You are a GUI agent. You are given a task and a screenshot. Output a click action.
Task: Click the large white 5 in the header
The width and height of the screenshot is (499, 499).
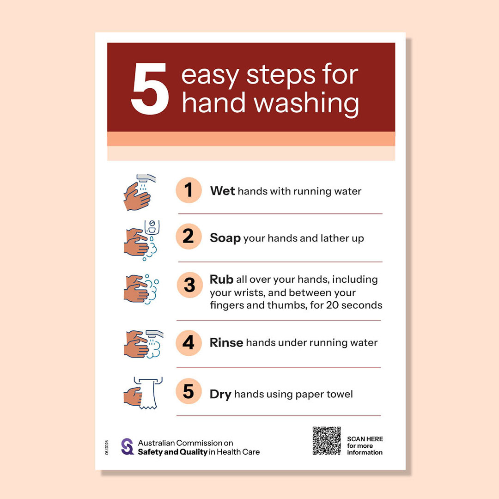coord(150,88)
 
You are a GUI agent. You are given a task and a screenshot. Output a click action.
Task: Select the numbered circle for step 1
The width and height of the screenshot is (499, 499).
coord(189,190)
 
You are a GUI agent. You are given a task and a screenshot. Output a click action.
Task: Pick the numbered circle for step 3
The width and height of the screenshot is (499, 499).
coord(190,285)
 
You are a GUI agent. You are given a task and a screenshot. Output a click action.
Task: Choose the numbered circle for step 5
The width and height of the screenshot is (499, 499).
coord(189,391)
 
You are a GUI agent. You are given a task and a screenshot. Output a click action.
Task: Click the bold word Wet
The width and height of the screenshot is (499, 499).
coord(222,191)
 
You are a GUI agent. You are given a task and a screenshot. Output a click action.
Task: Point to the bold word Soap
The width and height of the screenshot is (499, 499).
coord(225,238)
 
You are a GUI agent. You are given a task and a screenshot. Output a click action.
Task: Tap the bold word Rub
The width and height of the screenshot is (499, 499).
coord(221,280)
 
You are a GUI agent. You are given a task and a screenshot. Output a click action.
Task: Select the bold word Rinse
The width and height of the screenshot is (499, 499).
coord(226,342)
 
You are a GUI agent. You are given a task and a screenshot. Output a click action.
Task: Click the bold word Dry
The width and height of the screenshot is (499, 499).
coord(220,395)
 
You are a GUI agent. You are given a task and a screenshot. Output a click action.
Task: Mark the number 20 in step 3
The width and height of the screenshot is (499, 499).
coord(332,305)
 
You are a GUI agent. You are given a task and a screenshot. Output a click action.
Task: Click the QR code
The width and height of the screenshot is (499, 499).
coord(327,441)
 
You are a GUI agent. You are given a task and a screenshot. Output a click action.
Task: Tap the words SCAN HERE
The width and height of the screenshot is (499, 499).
coord(365,439)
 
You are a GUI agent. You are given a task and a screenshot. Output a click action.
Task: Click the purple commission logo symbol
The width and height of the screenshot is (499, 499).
coord(128,446)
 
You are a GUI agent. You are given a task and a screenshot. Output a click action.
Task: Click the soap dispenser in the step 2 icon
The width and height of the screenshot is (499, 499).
coord(152,227)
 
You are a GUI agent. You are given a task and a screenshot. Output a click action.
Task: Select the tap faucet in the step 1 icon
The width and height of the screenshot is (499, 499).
coord(146,178)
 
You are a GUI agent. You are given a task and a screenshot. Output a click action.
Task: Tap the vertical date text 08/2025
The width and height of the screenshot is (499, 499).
coord(107,447)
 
